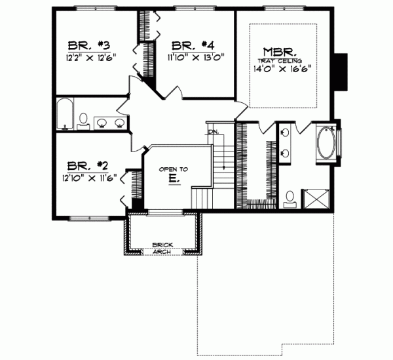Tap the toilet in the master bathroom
pyautogui.click(x=290, y=197)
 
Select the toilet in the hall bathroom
pyautogui.click(x=84, y=119)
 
